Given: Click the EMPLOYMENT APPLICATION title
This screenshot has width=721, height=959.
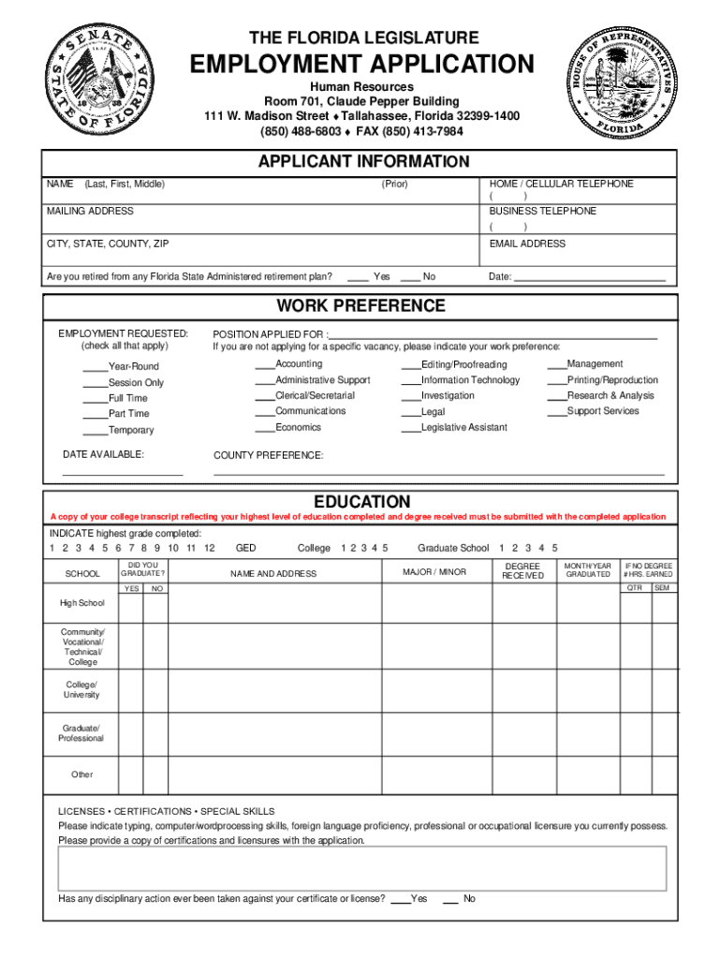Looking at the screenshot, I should tap(362, 65).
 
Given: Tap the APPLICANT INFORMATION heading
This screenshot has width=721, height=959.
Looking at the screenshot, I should tap(363, 162).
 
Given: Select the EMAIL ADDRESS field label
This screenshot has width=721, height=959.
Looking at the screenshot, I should tap(527, 243).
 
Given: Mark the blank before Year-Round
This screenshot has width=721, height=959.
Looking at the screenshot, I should tap(95, 367).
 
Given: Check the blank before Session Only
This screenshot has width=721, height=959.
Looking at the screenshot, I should tap(95, 383).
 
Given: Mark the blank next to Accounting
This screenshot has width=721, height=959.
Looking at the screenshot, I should tap(264, 364).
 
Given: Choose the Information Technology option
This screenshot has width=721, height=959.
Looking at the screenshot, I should tap(470, 380).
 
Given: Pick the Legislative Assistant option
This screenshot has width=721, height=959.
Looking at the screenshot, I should tap(463, 428).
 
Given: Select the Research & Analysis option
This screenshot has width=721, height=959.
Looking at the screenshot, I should tap(610, 396).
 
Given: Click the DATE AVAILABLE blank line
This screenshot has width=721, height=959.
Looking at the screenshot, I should tap(122, 473).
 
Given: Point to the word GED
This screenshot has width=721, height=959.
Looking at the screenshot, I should tap(245, 548).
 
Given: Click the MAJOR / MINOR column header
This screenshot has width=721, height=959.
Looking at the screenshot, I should tap(434, 571).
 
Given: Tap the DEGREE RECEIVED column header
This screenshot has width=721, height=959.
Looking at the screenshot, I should tap(522, 571).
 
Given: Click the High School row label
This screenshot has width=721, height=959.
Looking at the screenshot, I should tap(82, 603).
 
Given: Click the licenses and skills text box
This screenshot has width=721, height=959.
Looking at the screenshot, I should tap(362, 867).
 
